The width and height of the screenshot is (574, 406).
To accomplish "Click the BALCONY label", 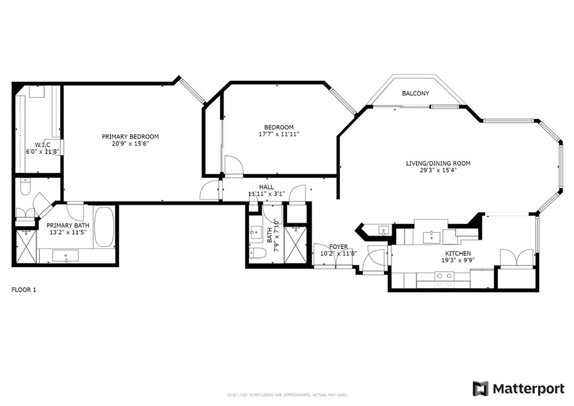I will pos(415,93).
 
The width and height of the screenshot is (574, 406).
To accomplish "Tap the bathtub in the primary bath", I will pos(104,227).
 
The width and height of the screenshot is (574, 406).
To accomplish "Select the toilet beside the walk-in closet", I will pos(25,188).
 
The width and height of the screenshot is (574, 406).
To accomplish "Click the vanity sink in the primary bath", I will pos(66,256).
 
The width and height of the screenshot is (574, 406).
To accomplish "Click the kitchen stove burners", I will pos(445,275).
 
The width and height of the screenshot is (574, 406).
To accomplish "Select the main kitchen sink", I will pos(432,236).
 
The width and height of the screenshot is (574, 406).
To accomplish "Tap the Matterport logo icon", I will pos(480,389).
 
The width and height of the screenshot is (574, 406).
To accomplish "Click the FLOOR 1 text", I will pos(24,290).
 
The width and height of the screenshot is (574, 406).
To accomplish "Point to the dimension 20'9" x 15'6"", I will pos(130,144).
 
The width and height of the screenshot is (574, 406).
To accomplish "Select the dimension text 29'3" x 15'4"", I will pos(438,170).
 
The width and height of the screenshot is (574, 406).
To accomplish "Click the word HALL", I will pos(266,187).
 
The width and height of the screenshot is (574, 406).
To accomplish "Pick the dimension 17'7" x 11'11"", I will pos(279,134).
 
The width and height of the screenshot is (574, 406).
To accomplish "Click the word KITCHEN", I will pos(457,253).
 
